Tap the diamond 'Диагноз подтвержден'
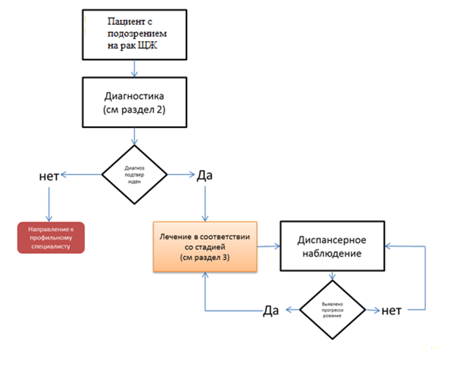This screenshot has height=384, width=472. (x=134, y=175)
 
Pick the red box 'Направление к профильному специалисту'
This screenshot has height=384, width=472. (x=50, y=237)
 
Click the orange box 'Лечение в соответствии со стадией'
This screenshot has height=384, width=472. (x=205, y=247)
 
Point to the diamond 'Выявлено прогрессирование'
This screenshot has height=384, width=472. (x=333, y=310)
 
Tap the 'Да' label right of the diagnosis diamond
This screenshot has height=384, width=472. (x=204, y=175)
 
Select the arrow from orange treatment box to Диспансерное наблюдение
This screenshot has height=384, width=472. (x=269, y=246)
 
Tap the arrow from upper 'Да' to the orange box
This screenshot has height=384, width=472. (x=205, y=202)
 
